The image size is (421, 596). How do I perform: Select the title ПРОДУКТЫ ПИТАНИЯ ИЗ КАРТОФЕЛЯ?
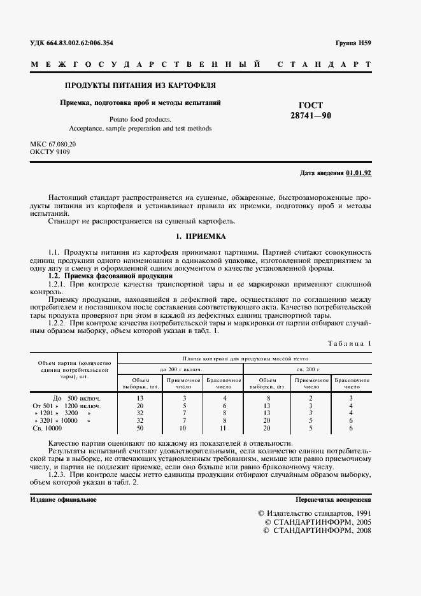[140, 85]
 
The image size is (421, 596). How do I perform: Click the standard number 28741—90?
[311, 115]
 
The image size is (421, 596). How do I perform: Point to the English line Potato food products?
[140, 118]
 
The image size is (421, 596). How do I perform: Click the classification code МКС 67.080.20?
[53, 145]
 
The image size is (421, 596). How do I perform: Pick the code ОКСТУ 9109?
[50, 153]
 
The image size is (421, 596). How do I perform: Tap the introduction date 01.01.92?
[359, 173]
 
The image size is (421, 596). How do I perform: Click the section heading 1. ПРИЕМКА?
[201, 236]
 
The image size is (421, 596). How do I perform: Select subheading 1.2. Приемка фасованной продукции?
[110, 277]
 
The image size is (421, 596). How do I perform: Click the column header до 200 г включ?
[181, 369]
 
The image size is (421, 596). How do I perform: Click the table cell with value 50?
[140, 429]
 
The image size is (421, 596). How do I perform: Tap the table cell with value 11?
[224, 429]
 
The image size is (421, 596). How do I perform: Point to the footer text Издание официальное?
[63, 499]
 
